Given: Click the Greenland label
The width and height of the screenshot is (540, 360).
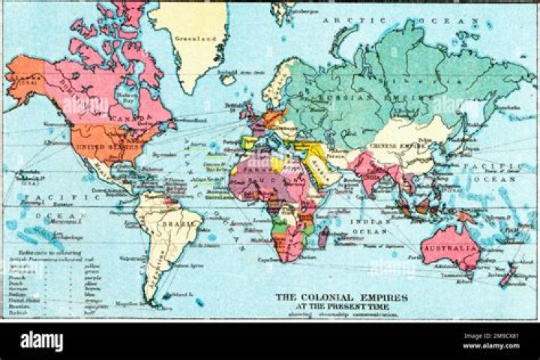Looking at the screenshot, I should point(190,37).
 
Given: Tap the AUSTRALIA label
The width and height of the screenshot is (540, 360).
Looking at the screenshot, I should point(450,247).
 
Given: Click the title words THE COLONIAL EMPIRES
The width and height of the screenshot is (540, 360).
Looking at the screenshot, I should point(342,297).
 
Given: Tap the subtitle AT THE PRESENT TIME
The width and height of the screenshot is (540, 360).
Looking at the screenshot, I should point(342,306).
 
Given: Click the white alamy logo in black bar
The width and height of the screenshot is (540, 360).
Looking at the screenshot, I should point(41,341).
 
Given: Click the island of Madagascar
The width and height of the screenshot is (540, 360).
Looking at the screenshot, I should point(323,238).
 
